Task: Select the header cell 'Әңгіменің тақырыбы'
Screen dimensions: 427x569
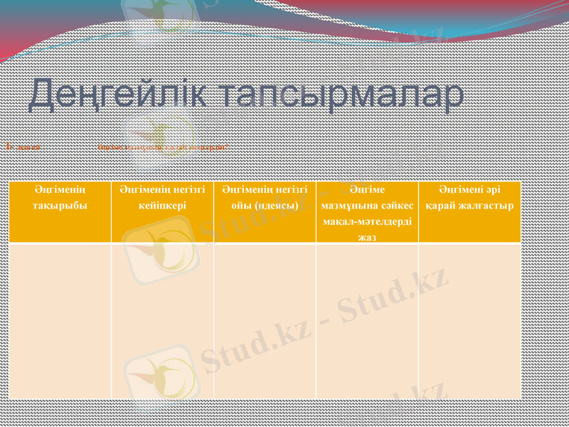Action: [60, 212]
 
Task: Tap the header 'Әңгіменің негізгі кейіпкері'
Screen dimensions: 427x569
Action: [162, 212]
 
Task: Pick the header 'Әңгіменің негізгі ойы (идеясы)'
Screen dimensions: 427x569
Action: [264, 212]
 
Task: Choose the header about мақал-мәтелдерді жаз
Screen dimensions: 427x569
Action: [367, 212]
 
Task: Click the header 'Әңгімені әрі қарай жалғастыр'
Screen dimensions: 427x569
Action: [469, 212]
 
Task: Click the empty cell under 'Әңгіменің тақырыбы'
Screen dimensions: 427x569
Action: [60, 320]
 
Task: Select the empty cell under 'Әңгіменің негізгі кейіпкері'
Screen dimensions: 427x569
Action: [162, 320]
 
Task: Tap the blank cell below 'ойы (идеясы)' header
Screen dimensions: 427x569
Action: [264, 320]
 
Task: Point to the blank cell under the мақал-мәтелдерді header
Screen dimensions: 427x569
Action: [367, 320]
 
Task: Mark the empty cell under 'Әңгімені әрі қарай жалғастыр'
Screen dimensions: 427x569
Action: [469, 320]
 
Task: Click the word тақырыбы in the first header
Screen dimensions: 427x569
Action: [60, 205]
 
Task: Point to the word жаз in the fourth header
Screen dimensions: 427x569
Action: [367, 237]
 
